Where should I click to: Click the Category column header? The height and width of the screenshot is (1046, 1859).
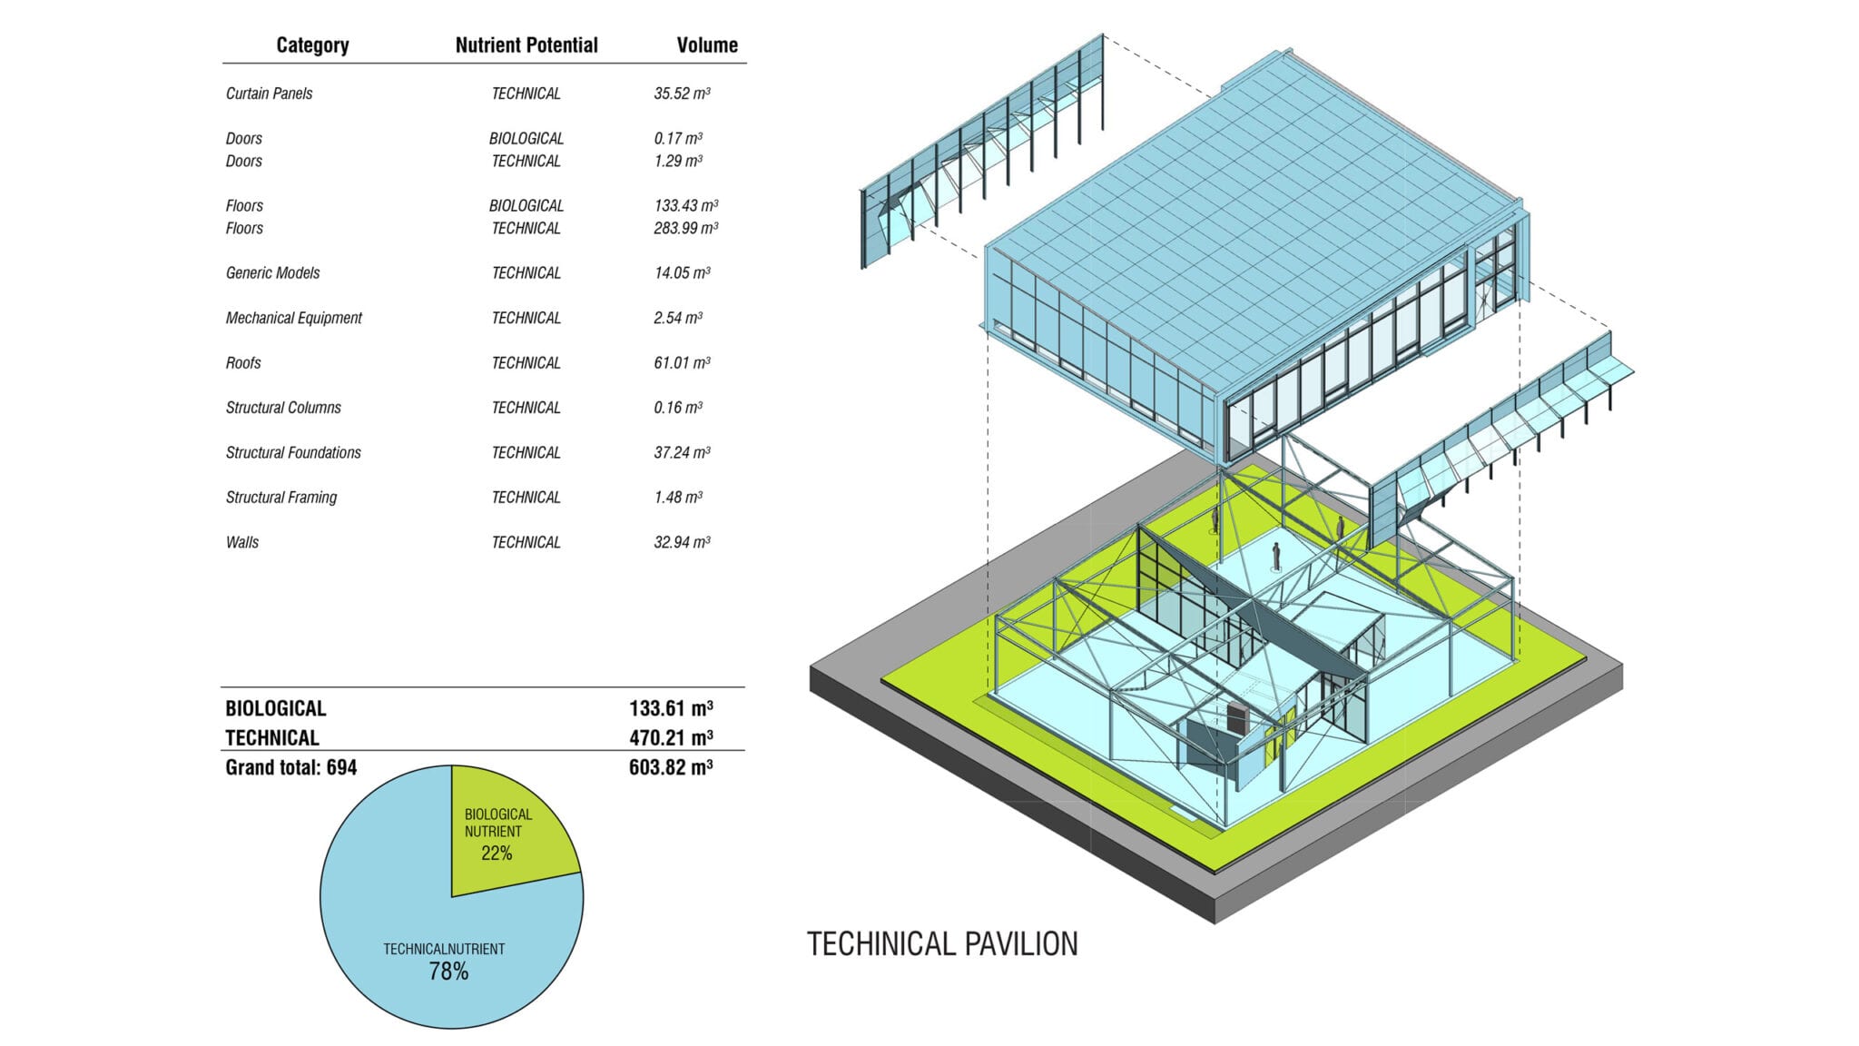312,45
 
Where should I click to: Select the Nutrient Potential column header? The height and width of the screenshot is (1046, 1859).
526,45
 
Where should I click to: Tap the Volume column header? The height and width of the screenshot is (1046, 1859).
707,45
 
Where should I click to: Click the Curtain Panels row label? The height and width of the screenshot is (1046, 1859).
269,94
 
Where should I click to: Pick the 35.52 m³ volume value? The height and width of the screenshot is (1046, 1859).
682,94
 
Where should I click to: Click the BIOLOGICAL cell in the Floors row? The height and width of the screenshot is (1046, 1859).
526,206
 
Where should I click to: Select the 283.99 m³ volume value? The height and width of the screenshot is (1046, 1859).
685,228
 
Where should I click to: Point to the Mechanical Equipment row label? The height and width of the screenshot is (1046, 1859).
293,318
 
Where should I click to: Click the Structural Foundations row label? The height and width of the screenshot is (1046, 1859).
293,452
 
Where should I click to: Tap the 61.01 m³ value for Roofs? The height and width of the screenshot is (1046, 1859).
682,363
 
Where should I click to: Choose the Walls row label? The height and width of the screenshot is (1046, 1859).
242,542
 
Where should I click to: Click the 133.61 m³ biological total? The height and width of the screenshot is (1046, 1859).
671,708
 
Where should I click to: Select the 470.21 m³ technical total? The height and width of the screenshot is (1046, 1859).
671,737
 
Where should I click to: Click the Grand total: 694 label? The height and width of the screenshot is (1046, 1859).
290,767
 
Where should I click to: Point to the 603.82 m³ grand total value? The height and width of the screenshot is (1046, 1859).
671,767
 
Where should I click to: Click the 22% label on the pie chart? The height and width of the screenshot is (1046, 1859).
497,854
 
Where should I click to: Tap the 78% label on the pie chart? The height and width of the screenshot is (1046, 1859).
448,972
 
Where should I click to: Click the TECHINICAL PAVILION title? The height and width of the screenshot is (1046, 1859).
942,944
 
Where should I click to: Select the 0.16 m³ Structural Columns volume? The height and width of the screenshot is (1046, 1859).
678,408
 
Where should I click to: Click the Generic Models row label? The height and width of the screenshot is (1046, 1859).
272,273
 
